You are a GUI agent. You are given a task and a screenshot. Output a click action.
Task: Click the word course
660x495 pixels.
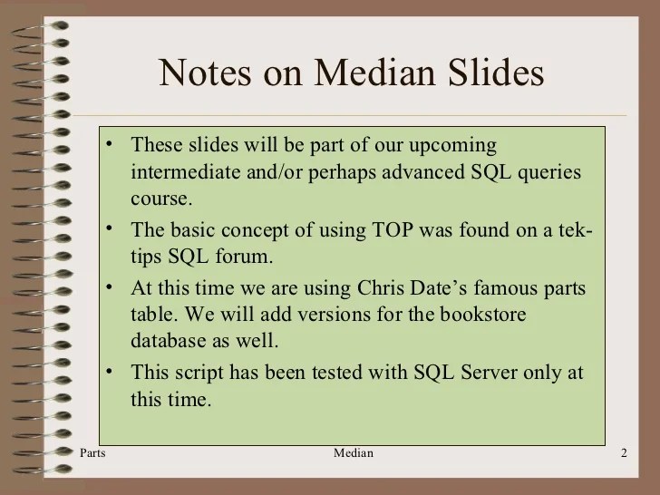pyautogui.click(x=160, y=197)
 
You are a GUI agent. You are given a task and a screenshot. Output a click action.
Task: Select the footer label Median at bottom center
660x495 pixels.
pyautogui.click(x=354, y=452)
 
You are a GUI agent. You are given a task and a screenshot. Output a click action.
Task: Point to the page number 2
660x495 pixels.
pyautogui.click(x=625, y=452)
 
